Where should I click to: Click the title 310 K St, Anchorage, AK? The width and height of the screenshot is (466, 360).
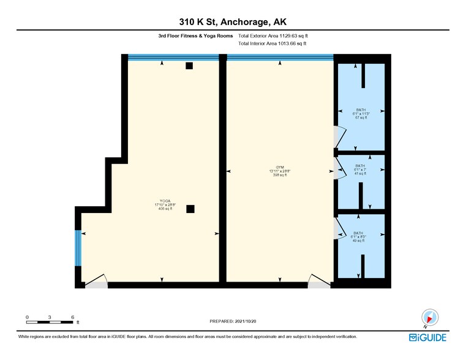233,22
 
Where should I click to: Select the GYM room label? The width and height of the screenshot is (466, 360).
280,170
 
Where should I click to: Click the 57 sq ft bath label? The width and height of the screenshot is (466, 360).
361,113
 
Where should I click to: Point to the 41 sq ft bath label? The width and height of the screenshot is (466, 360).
360,170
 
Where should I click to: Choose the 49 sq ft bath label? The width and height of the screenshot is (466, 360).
359,236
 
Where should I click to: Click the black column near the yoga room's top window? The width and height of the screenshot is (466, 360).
190,66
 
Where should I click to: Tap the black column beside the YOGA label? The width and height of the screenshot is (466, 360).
190,209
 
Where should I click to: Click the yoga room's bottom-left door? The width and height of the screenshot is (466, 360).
96,282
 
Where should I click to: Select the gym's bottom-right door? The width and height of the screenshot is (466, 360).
318,281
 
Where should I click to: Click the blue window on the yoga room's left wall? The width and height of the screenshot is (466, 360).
78,248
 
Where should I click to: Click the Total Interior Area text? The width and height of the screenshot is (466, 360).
272,44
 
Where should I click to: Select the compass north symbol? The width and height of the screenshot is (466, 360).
429,317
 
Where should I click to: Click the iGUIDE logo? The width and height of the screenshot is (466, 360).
428,337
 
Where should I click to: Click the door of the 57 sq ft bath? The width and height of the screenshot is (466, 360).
339,137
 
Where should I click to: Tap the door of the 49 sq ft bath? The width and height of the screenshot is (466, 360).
339,228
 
